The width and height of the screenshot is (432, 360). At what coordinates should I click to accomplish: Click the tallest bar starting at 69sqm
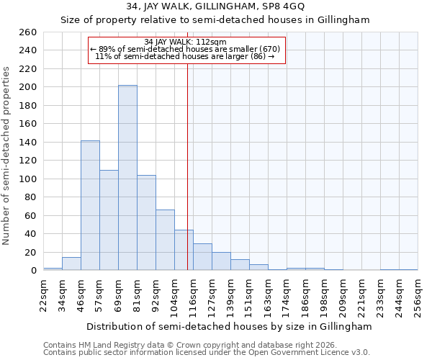[x=127, y=178]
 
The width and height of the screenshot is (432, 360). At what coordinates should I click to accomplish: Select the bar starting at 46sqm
[x=90, y=205]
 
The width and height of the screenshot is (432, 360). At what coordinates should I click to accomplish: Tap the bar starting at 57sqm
[x=109, y=220]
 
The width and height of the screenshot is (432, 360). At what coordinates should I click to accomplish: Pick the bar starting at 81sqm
[x=146, y=222]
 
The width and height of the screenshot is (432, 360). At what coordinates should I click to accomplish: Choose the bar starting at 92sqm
[x=165, y=240]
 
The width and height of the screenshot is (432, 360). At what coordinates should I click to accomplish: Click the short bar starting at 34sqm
[x=71, y=264]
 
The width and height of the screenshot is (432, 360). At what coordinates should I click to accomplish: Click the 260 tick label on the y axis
[x=30, y=32]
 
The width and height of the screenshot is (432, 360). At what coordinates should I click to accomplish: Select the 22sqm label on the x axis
[x=44, y=294]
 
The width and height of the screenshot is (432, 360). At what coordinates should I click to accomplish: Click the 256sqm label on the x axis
[x=418, y=294]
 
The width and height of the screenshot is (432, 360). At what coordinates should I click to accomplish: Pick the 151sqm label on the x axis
[x=250, y=294]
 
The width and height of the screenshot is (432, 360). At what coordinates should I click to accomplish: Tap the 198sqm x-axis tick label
[x=325, y=294]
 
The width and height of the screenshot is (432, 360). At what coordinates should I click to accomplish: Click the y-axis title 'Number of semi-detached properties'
[x=8, y=155]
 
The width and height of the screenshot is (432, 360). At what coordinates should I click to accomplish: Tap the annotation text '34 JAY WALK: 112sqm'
[x=185, y=42]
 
